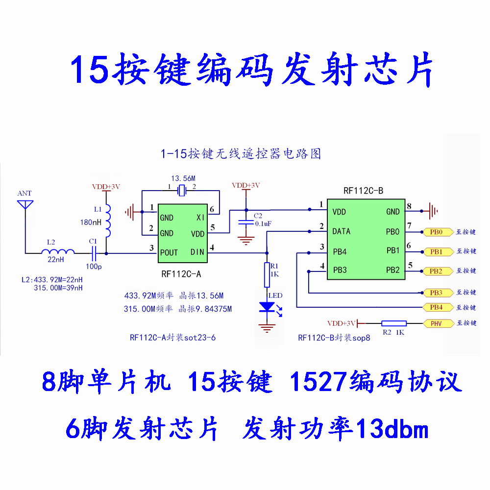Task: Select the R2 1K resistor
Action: click(x=394, y=323)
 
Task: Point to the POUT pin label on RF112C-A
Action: click(x=170, y=252)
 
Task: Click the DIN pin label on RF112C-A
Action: click(x=198, y=252)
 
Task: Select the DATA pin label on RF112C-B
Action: click(x=342, y=231)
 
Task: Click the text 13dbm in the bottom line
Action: click(x=393, y=430)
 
